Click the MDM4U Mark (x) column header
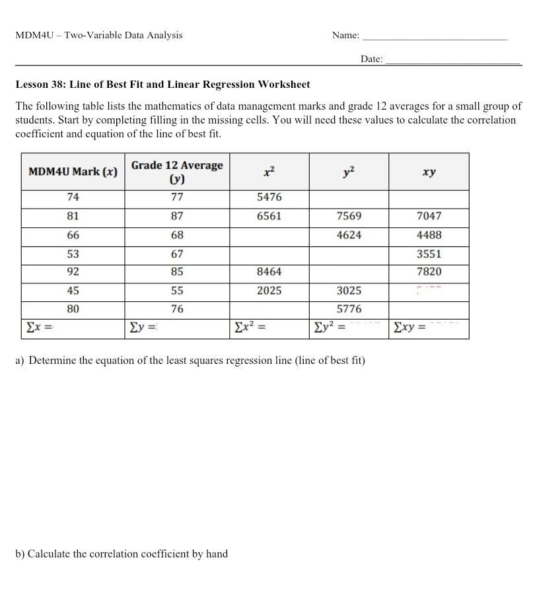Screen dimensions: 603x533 [x=73, y=172]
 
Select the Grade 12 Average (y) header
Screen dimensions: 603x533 [x=177, y=172]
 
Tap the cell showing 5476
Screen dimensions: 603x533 [x=269, y=197]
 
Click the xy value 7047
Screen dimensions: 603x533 [x=429, y=216]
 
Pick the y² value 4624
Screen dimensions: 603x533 [x=349, y=235]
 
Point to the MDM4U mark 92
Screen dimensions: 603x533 [x=73, y=271]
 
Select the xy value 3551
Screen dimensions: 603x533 [x=429, y=254]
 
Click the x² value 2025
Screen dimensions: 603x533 [x=269, y=291]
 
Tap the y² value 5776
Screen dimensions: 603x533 [x=349, y=309]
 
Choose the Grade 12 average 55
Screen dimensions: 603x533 [x=177, y=291]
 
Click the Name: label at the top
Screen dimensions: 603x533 [x=345, y=36]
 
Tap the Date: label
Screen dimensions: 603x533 [x=371, y=59]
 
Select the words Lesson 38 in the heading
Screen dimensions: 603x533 [x=41, y=85]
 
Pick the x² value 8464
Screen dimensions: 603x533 [x=269, y=271]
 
